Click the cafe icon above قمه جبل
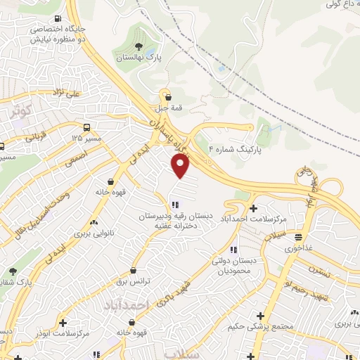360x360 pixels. pos(167,96)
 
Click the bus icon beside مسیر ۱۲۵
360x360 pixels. pos(86,127)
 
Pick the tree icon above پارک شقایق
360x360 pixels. pos(12,271)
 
